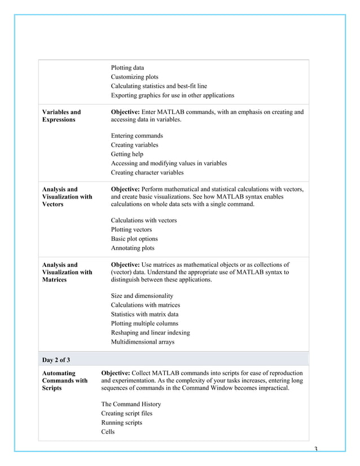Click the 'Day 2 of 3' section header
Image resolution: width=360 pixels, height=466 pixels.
point(56,359)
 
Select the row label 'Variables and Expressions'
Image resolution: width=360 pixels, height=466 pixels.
point(62,116)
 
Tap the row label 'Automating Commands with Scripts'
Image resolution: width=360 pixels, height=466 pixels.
point(65,380)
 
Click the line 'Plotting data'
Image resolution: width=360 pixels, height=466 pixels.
point(127,68)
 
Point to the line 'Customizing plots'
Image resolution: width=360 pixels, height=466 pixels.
point(134,77)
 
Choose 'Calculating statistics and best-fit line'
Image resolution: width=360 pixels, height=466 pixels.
point(159,86)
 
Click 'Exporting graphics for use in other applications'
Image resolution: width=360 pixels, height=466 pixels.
point(172,95)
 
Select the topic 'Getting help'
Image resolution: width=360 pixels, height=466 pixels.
point(127,154)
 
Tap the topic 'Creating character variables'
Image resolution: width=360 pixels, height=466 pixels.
point(147,173)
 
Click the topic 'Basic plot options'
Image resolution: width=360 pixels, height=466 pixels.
point(134,239)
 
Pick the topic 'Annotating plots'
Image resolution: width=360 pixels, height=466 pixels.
point(132,248)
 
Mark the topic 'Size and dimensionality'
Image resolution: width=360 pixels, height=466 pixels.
point(142,296)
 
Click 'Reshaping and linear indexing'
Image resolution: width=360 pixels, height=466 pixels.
point(150,333)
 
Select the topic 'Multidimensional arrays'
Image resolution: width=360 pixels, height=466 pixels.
point(142,342)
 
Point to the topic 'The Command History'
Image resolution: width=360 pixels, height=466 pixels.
point(131,404)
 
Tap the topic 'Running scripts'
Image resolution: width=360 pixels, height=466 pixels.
point(121,423)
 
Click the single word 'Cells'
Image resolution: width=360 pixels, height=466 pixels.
point(108,432)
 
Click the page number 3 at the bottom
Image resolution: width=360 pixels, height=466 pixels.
point(315,450)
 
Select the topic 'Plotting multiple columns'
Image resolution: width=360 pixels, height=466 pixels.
point(144,323)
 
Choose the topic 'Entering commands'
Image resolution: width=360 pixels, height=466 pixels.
point(137,135)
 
